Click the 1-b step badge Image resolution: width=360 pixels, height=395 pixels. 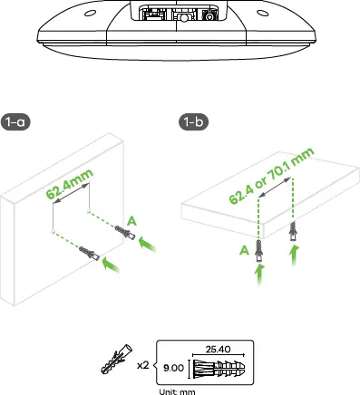pyautogui.click(x=193, y=122)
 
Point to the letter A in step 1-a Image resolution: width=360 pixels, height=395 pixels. pyautogui.click(x=133, y=220)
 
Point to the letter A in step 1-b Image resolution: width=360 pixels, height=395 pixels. pyautogui.click(x=241, y=251)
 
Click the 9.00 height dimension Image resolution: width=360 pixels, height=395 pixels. pyautogui.click(x=172, y=369)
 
